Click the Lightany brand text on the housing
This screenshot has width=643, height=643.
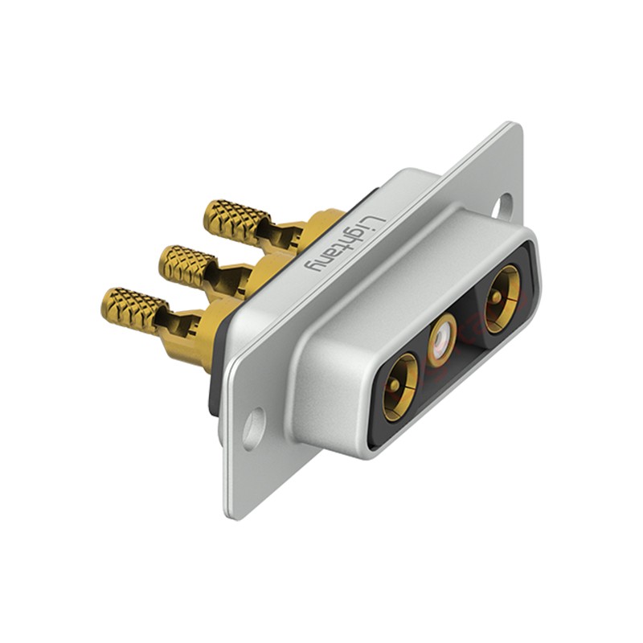click(344, 244)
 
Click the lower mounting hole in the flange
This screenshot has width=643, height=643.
click(253, 428)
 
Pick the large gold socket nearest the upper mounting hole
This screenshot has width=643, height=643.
click(502, 298)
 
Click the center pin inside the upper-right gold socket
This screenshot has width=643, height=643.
click(497, 296)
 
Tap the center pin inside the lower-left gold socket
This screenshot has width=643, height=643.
click(395, 385)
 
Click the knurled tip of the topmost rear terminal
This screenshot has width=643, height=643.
click(237, 223)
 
